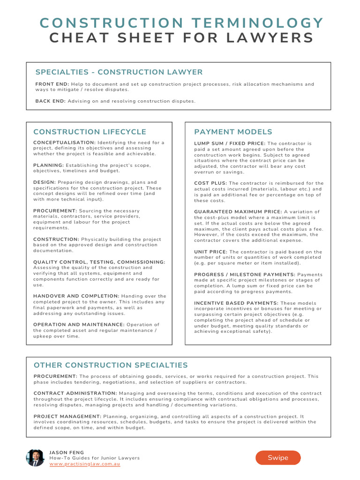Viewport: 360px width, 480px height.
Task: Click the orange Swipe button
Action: coord(278,457)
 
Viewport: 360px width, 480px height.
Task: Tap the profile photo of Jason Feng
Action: coord(35,457)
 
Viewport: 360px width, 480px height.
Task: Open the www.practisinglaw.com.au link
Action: coord(85,464)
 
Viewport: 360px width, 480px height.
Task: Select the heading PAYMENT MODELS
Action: coord(233,132)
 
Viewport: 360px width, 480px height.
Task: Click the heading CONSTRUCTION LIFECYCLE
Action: coord(90,132)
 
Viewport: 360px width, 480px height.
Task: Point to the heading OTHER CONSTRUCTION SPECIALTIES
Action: coord(111,365)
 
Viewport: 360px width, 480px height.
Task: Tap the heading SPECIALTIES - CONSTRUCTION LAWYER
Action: coord(119,72)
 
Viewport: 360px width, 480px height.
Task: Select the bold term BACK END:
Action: coord(51,101)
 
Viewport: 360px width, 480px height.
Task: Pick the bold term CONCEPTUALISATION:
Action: coord(64,142)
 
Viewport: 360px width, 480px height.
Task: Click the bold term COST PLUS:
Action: coord(210,183)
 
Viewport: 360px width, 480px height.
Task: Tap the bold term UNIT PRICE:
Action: coord(210,252)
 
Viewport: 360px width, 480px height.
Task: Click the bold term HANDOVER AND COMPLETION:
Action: coord(76,296)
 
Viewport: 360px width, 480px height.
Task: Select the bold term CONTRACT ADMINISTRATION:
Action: coord(75,393)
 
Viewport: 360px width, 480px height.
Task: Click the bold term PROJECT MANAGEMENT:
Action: coord(67,416)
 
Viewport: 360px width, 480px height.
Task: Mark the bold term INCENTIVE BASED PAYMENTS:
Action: coord(236,303)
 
